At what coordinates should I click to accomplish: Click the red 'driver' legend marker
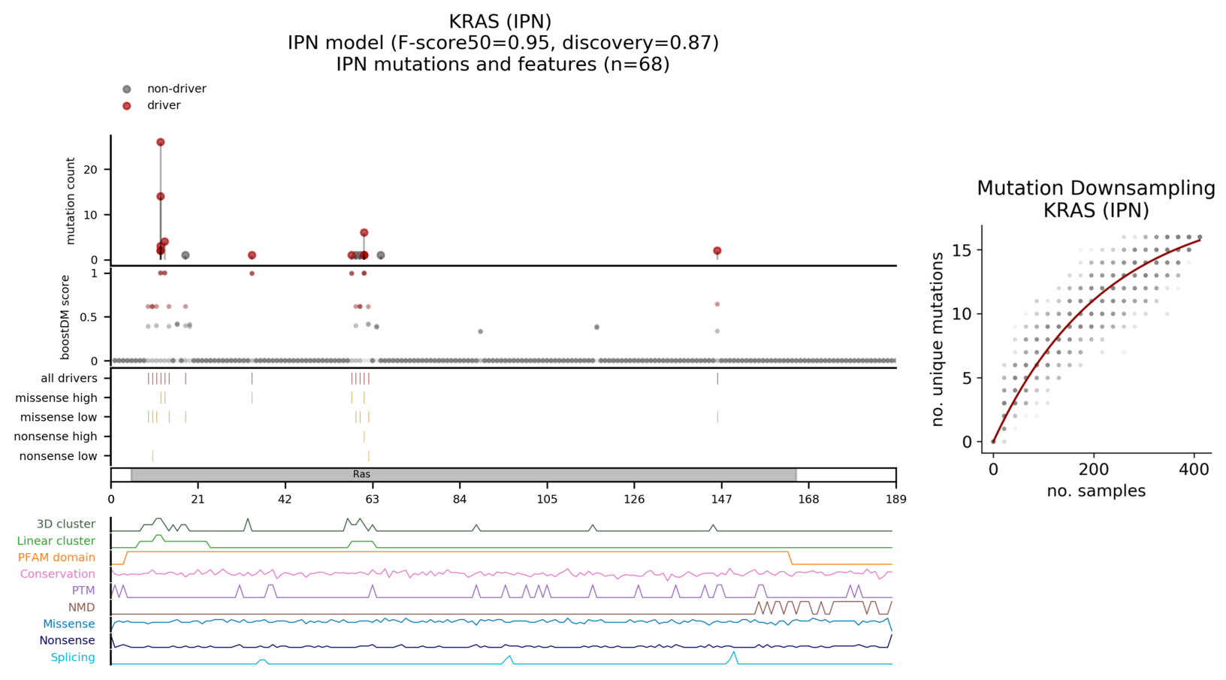tap(127, 106)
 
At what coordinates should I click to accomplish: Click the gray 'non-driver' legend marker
tap(127, 89)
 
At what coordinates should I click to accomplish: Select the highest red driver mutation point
tap(160, 142)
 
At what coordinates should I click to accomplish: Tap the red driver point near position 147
tap(717, 251)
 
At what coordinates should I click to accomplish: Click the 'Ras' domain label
tap(361, 475)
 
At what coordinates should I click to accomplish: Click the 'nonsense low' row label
tap(58, 456)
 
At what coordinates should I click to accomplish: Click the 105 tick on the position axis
tap(547, 500)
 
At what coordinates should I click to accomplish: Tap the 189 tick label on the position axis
tap(895, 500)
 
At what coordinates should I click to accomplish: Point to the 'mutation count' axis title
tap(71, 201)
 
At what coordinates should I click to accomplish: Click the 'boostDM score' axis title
tap(65, 317)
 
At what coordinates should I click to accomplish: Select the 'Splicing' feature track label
tap(73, 657)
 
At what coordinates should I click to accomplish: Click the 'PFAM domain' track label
tap(56, 558)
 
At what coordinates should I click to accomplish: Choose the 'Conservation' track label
tap(57, 574)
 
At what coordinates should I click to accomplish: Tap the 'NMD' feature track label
tap(81, 607)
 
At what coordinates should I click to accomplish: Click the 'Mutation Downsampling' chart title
tap(1096, 189)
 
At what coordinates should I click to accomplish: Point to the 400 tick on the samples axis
tap(1194, 470)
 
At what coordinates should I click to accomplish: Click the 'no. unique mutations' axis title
tap(938, 340)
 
